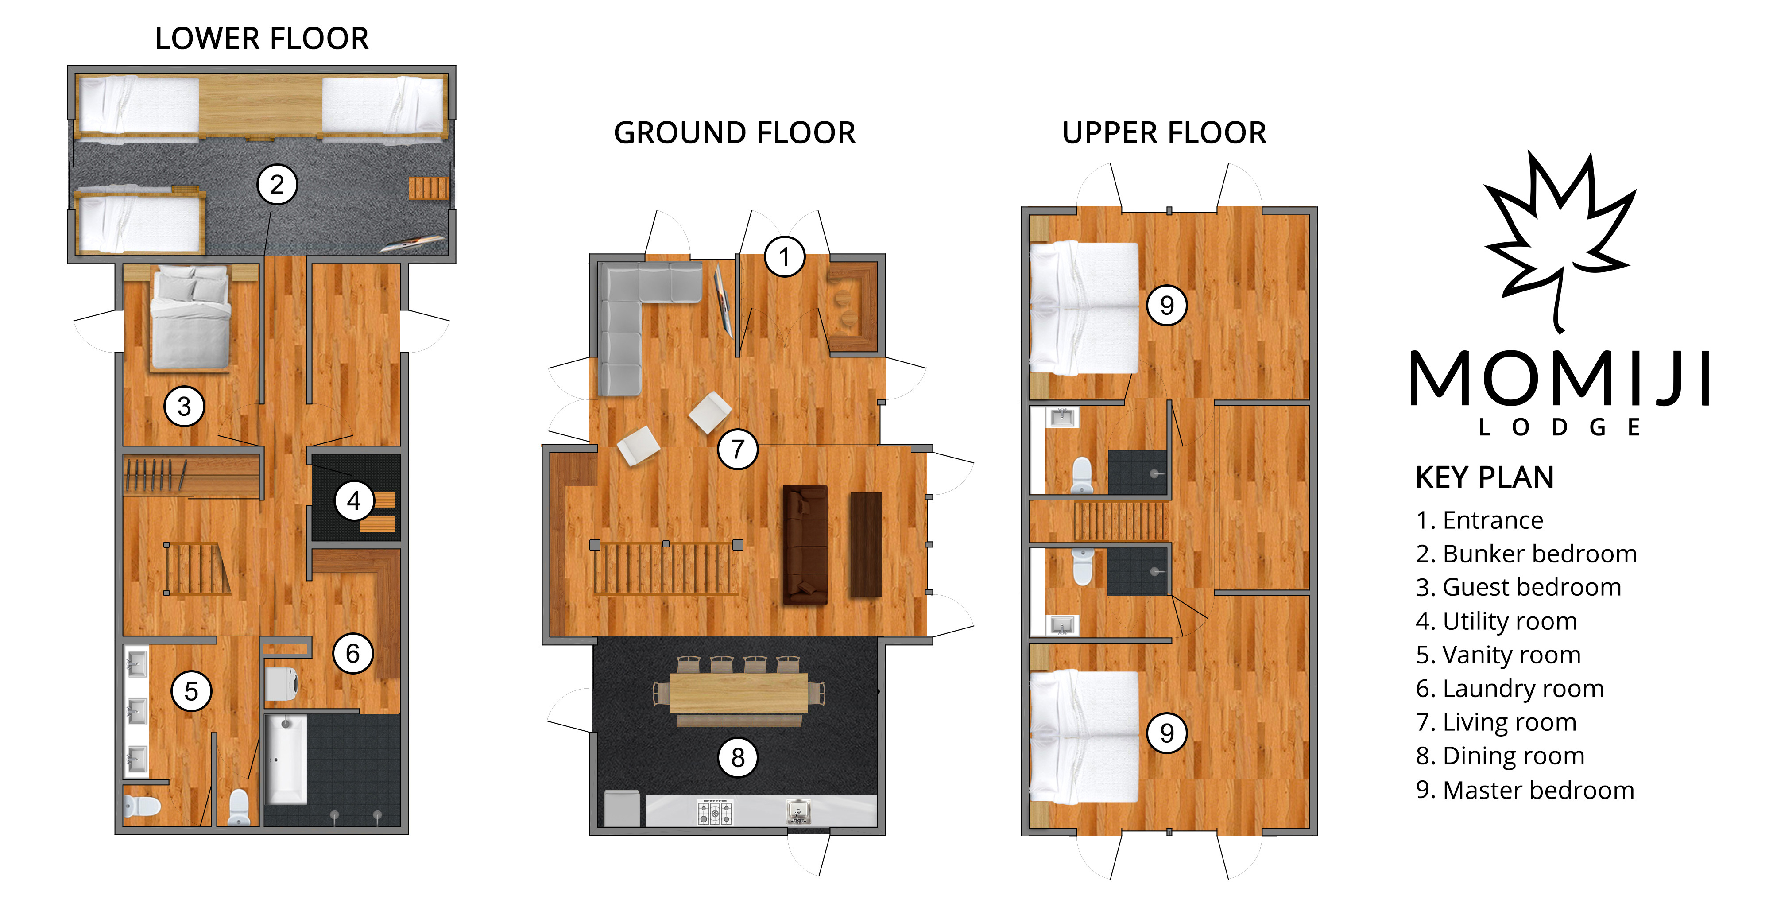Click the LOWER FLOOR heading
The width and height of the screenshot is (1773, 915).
click(262, 39)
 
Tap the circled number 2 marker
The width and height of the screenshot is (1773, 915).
click(277, 185)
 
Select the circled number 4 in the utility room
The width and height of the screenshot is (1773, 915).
click(354, 500)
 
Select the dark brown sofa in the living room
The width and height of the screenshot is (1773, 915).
click(805, 544)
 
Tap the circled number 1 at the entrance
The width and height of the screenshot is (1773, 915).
click(784, 257)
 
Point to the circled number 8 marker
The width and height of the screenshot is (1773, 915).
click(738, 757)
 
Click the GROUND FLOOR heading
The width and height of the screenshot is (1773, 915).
click(734, 133)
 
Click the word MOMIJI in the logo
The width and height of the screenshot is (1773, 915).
click(1559, 379)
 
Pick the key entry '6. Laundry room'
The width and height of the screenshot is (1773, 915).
click(1510, 689)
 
